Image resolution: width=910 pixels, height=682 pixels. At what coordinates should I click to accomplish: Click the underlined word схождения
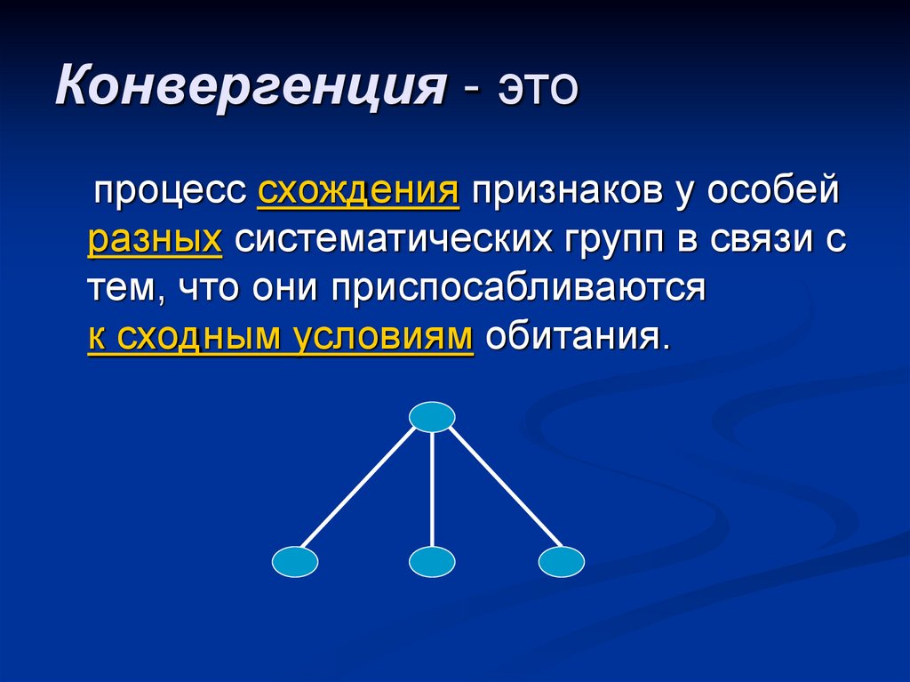pos(358,191)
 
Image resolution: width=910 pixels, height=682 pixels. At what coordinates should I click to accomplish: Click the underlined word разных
pos(155,240)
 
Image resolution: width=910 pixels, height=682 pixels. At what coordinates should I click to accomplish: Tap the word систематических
pos(391,240)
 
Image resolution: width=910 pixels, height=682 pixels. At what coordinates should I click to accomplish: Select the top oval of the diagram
pos(432,416)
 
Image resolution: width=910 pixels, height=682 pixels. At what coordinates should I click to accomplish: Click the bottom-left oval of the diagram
pos(294,562)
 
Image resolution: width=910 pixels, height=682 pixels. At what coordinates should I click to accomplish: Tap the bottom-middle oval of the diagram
pos(432,562)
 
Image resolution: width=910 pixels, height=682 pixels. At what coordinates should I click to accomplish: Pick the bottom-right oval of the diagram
pos(562,562)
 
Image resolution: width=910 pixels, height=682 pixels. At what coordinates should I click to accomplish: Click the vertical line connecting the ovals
pos(432,489)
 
